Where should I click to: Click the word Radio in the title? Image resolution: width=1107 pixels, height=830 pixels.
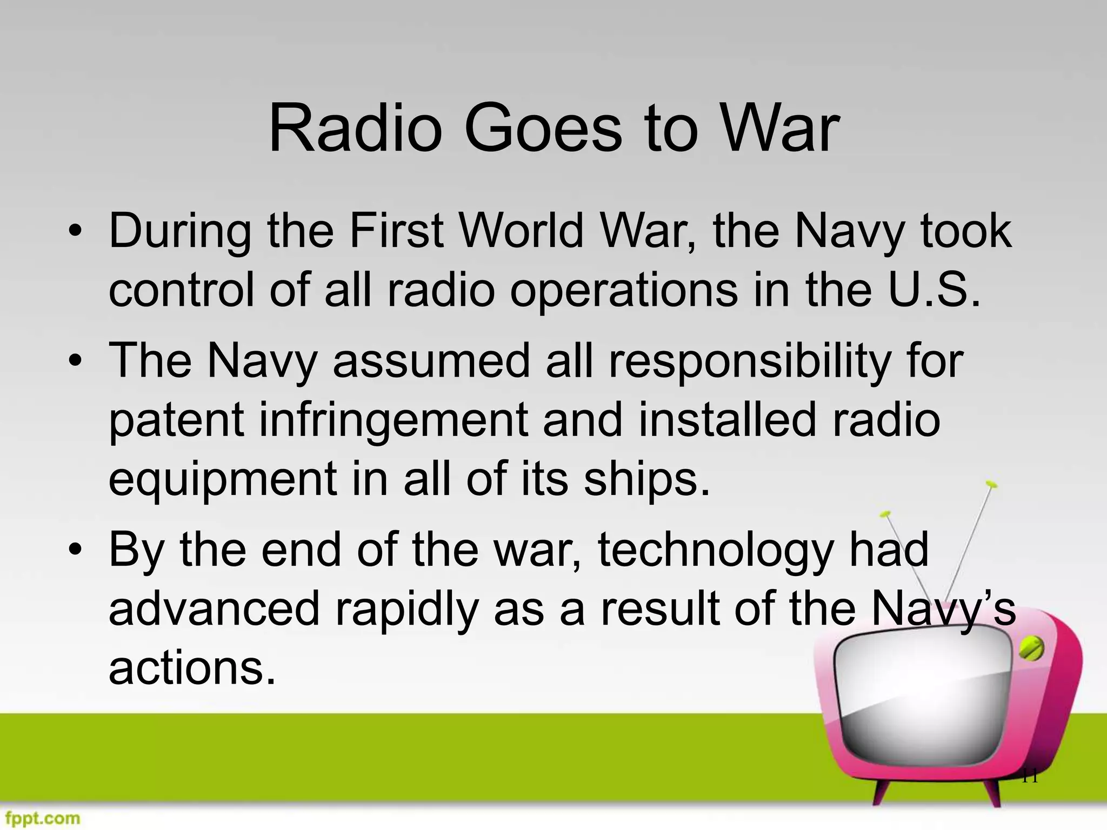tap(355, 130)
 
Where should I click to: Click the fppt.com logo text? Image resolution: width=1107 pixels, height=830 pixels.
tap(41, 818)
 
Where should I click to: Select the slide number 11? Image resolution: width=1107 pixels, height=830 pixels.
tap(1030, 777)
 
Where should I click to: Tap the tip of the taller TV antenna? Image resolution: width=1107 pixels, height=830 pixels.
tap(990, 483)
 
